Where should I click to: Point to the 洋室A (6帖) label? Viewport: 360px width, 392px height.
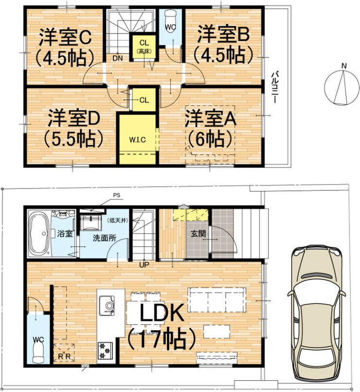(x=210, y=129)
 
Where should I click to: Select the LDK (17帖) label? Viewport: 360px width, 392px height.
(x=162, y=324)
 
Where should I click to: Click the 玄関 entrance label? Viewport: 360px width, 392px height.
(x=198, y=234)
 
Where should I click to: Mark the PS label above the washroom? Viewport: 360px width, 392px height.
(x=116, y=196)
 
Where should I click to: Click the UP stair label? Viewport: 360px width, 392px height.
(x=144, y=265)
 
